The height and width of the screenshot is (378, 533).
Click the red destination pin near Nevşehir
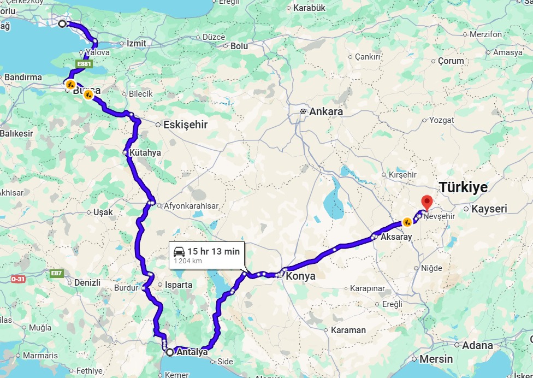tap(427, 202)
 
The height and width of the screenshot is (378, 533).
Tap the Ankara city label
tap(325, 111)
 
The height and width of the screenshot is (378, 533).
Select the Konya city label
tap(300, 276)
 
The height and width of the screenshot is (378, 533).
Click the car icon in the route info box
tap(179, 251)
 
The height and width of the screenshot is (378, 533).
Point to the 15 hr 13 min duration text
tap(214, 251)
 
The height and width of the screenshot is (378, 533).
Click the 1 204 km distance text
tap(188, 261)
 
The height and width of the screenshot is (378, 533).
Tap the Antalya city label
tap(192, 352)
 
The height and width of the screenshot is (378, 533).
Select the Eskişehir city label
tap(186, 125)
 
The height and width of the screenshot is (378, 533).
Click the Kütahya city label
tap(145, 153)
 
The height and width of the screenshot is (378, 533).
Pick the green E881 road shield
tap(84, 64)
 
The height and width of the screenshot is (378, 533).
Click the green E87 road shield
tap(56, 273)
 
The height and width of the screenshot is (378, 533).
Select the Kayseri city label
tap(489, 209)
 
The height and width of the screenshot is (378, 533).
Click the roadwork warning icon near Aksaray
tap(407, 222)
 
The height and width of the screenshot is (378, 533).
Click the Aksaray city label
tap(396, 237)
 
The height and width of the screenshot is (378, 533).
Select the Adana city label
tap(477, 345)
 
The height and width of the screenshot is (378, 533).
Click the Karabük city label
tap(309, 8)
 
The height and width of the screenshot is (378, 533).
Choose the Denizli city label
tap(87, 282)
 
